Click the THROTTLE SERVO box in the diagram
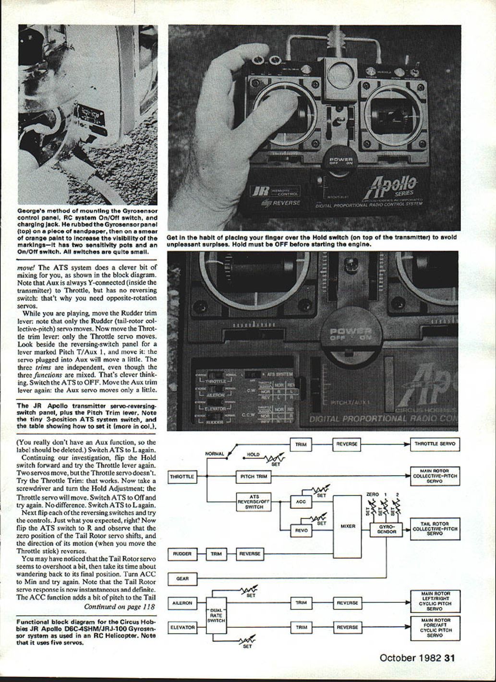point(435,444)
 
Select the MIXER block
point(347,526)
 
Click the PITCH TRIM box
point(254,477)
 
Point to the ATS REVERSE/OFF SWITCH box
point(254,502)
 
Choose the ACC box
point(301,502)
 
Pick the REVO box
point(301,530)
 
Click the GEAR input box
point(182,579)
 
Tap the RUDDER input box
point(182,554)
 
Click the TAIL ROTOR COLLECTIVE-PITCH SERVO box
point(435,529)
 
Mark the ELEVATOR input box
point(182,627)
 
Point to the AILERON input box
point(182,603)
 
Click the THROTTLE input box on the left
point(182,477)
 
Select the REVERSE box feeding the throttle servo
point(347,444)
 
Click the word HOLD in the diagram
point(253,454)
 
